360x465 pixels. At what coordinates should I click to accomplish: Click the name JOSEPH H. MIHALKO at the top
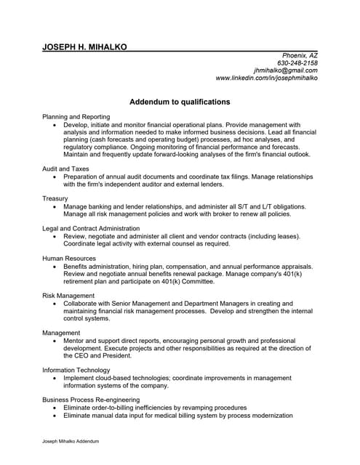point(85,46)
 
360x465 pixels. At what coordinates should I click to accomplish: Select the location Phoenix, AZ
point(299,56)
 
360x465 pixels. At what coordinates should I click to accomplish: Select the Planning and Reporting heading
point(76,116)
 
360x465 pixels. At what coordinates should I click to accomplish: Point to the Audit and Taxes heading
point(66,169)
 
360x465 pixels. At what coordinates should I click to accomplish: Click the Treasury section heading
point(55,198)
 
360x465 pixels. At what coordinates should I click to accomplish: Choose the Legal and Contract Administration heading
point(92,228)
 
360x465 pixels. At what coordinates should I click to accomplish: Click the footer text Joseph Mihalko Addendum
point(71,441)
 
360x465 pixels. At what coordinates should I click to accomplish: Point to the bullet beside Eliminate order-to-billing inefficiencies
point(55,408)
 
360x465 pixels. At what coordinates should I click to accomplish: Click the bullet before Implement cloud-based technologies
point(55,379)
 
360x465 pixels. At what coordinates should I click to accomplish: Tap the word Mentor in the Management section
point(75,341)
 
